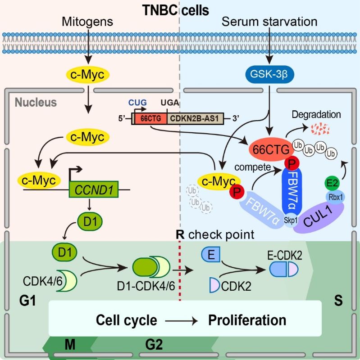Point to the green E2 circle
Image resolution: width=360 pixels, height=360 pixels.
[x=332, y=183]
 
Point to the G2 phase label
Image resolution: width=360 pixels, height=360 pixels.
[x=154, y=346]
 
